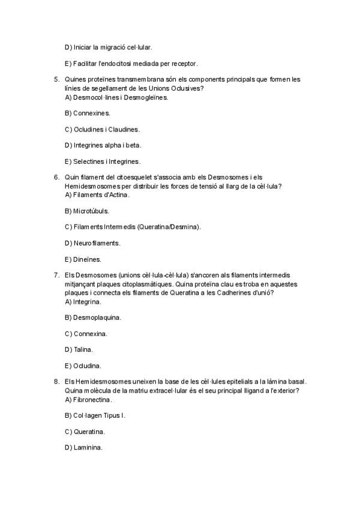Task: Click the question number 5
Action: click(x=56, y=79)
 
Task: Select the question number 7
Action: click(x=56, y=274)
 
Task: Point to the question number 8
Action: click(x=56, y=381)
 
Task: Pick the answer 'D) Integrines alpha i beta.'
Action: click(x=103, y=145)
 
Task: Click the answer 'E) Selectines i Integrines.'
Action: click(x=102, y=161)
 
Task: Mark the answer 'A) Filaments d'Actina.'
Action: click(x=97, y=194)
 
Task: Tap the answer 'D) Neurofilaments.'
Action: click(x=92, y=243)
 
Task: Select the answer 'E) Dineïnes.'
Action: click(x=83, y=259)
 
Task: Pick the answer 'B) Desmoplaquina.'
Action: click(x=92, y=317)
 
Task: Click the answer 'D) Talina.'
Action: click(x=79, y=349)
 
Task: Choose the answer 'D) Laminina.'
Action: click(x=83, y=447)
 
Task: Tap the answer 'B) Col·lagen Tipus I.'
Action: click(x=95, y=415)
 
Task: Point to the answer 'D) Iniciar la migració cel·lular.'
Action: click(x=108, y=47)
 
